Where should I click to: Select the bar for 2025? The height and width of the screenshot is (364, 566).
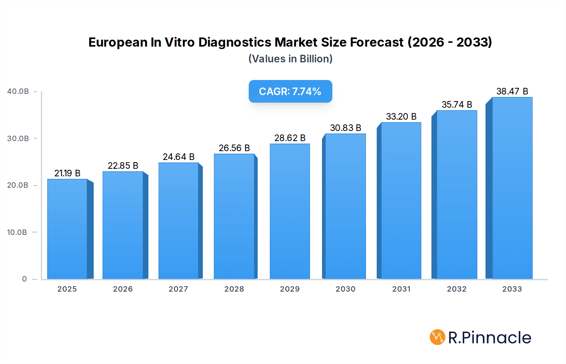tap(67, 229)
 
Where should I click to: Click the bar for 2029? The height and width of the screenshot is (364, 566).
tap(290, 211)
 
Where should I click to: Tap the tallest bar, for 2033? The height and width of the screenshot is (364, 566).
tap(512, 188)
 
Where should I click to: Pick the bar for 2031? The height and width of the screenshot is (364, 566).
tap(401, 201)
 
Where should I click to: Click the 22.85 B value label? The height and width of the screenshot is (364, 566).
tap(123, 166)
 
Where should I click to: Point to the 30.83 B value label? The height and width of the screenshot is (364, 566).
tap(345, 128)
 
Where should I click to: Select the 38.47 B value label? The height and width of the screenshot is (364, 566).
tap(512, 91)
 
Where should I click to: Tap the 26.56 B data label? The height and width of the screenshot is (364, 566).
tap(234, 148)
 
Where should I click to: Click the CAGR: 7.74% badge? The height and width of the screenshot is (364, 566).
tap(290, 91)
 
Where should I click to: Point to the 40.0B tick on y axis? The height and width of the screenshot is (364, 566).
tap(18, 91)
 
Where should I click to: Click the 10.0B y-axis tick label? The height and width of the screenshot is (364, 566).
tap(17, 232)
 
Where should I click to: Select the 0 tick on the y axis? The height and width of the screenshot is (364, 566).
tap(24, 279)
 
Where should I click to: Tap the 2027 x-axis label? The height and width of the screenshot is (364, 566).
tap(178, 289)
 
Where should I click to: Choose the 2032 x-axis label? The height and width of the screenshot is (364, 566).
tap(457, 289)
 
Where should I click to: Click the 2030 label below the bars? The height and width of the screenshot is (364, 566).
tap(345, 289)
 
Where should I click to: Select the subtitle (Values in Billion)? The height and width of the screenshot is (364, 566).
tap(290, 59)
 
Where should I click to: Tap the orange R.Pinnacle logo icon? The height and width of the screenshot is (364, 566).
tap(437, 337)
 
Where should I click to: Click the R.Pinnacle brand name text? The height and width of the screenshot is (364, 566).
tap(490, 338)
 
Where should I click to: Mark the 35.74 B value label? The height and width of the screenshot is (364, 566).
tap(457, 105)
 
